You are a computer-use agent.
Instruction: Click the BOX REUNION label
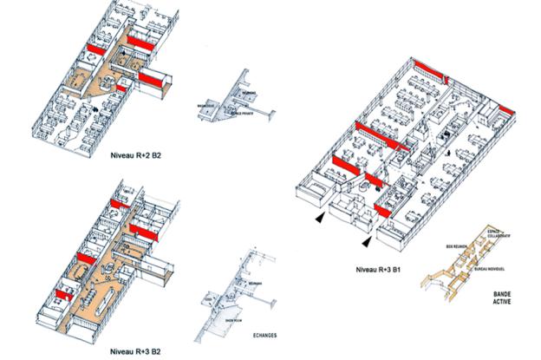[455, 247]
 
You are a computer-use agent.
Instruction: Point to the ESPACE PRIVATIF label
[240, 114]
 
